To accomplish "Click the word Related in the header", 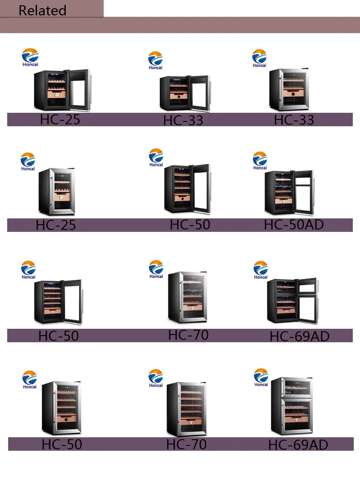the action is click(42, 10).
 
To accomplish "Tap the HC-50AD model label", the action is click(294, 224).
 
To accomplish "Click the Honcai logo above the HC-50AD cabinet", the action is click(260, 160).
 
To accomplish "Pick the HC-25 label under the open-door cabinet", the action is click(60, 120).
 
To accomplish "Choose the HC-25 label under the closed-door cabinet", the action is click(56, 224).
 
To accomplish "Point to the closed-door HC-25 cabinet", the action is click(56, 191).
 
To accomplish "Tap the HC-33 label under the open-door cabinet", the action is click(183, 120).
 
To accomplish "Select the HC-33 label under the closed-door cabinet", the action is click(294, 120).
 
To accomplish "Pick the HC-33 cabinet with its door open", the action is click(184, 93).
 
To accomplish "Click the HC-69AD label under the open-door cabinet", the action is click(300, 336).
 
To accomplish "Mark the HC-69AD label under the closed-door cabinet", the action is click(298, 444).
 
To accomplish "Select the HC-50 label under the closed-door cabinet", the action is click(61, 444).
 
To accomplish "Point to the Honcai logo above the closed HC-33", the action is click(259, 58).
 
